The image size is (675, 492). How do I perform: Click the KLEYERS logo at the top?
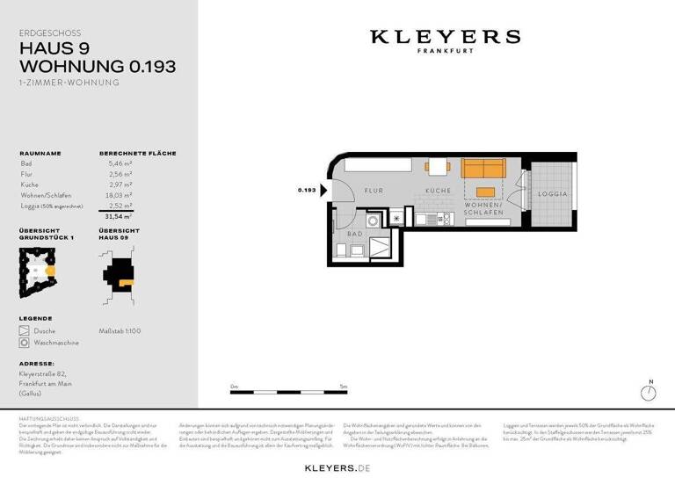[445, 37]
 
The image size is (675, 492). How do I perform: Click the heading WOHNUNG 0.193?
[98, 66]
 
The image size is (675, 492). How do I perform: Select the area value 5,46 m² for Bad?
[120, 163]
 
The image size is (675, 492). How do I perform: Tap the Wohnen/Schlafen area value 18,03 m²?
[120, 195]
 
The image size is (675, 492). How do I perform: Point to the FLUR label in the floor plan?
[373, 190]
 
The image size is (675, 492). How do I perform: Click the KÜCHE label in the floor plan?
[439, 191]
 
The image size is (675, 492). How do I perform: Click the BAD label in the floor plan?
[355, 235]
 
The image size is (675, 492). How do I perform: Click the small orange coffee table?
[485, 192]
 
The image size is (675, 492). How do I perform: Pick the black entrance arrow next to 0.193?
[324, 190]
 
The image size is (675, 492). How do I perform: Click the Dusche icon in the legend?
[25, 331]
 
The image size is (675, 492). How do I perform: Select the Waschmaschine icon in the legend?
[25, 343]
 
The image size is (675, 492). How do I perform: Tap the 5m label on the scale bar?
[343, 387]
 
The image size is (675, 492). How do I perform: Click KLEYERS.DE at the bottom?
[337, 469]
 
